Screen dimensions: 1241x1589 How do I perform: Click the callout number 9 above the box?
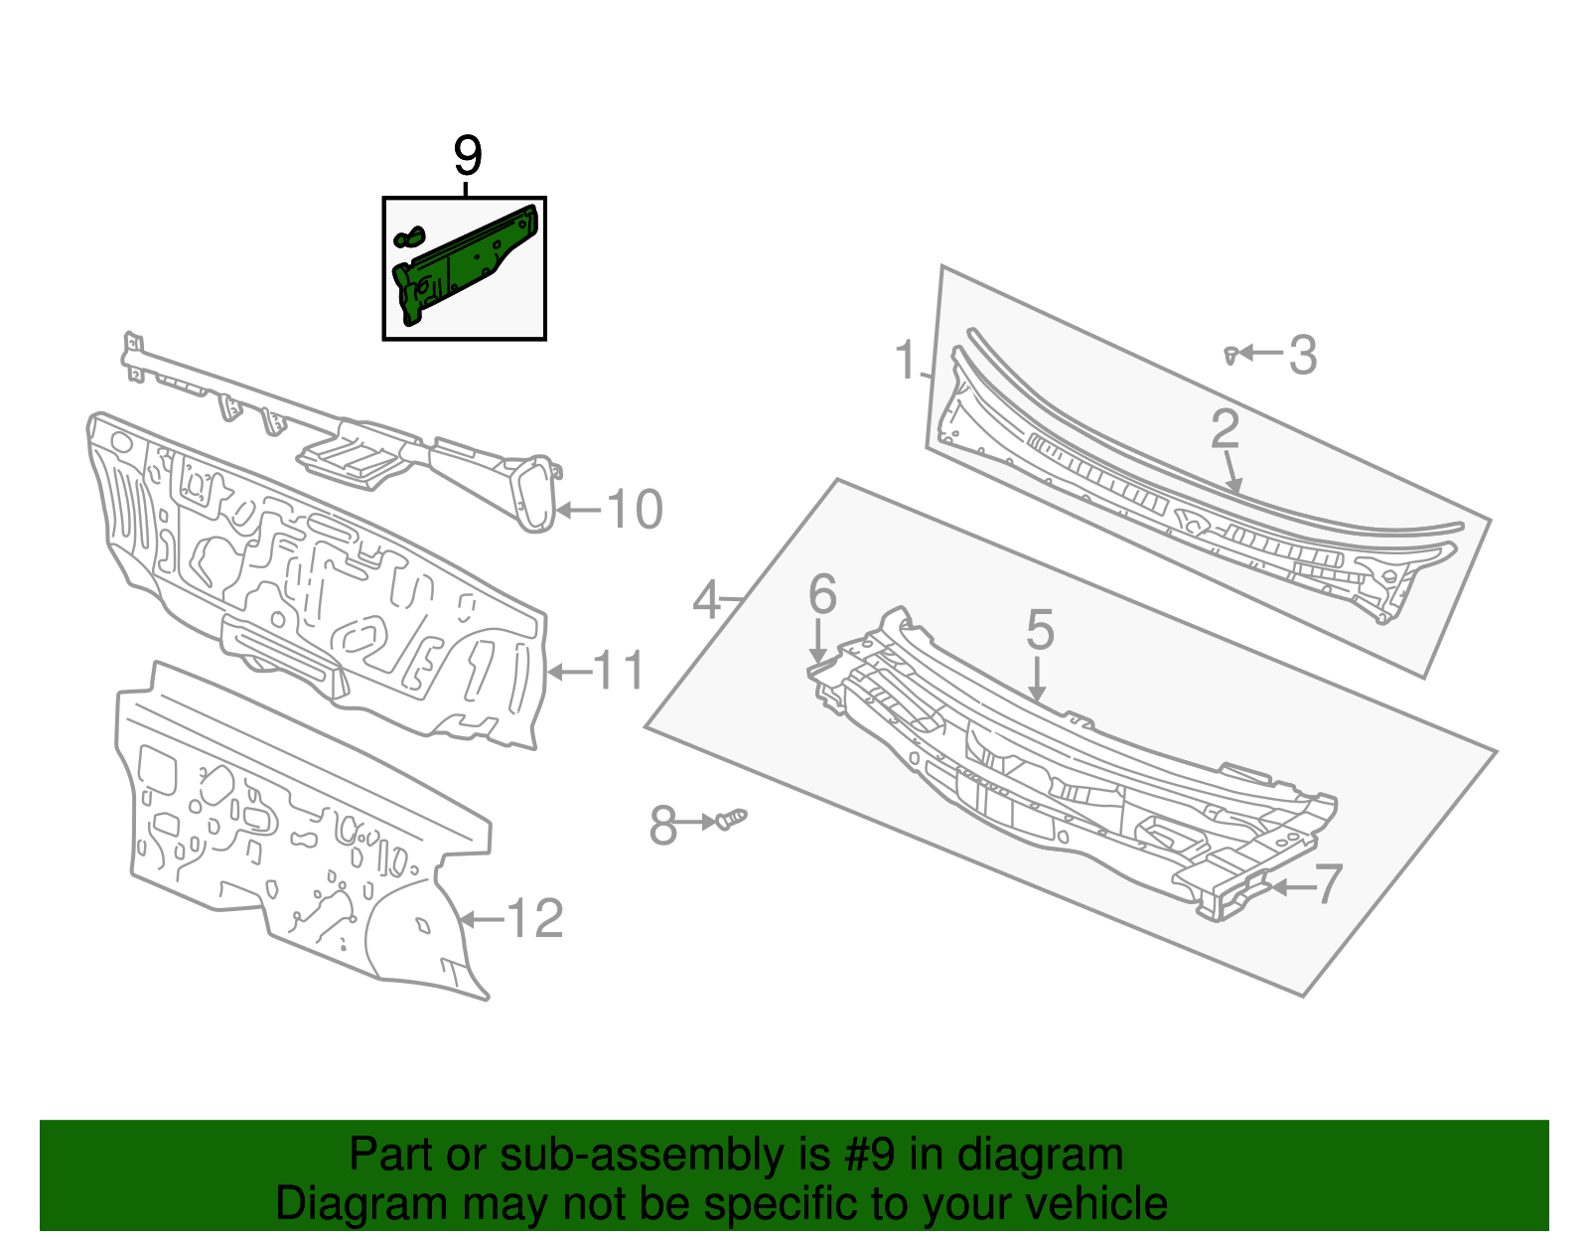point(467,156)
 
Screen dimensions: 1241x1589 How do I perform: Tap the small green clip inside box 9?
point(409,237)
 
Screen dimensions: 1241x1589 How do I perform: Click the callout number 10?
point(634,510)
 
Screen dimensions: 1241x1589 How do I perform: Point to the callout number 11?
point(620,672)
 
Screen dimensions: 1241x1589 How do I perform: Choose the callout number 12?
point(535,919)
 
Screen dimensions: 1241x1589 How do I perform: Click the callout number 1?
point(905,360)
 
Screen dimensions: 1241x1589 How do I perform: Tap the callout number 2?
point(1225,429)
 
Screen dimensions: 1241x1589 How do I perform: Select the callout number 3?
point(1303,355)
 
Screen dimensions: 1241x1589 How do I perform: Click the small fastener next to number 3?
point(1230,354)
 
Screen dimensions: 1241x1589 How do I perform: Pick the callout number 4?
point(706,600)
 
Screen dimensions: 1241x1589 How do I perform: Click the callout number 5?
point(1039,630)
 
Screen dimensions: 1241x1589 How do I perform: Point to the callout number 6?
point(822,594)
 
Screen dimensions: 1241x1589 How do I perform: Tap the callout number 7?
point(1329,883)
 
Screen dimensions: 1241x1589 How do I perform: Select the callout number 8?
point(663,825)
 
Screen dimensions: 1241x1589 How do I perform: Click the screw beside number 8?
point(731,820)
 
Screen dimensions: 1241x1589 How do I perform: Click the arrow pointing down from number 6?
point(818,642)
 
